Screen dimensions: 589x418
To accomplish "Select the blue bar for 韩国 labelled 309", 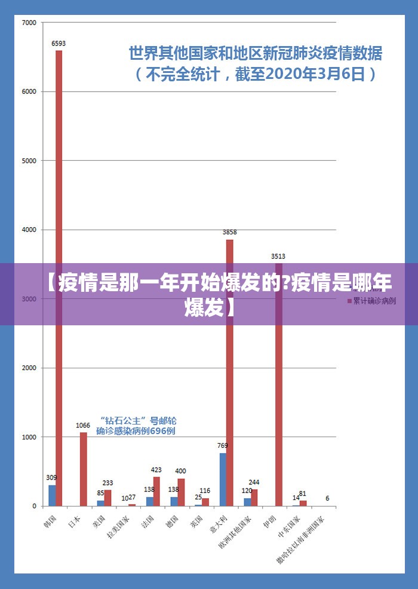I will [52, 495].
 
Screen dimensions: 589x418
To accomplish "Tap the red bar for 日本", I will [84, 469].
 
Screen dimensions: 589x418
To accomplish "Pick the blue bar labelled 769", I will [223, 480].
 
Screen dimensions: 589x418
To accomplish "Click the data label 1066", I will [83, 426].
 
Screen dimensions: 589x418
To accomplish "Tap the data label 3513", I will [278, 256].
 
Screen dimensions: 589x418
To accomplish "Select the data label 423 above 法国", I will [156, 470].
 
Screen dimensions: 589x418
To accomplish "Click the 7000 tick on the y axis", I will [29, 23].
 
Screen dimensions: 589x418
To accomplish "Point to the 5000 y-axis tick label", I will [29, 161].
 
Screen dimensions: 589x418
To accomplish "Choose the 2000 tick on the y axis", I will [29, 368].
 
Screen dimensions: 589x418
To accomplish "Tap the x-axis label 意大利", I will [219, 521].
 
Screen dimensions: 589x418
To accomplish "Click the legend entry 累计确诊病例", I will [373, 301].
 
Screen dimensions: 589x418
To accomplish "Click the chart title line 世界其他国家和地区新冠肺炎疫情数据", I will [256, 54].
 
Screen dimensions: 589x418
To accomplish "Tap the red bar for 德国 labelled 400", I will [181, 492].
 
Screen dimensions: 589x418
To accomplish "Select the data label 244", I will [254, 483].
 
